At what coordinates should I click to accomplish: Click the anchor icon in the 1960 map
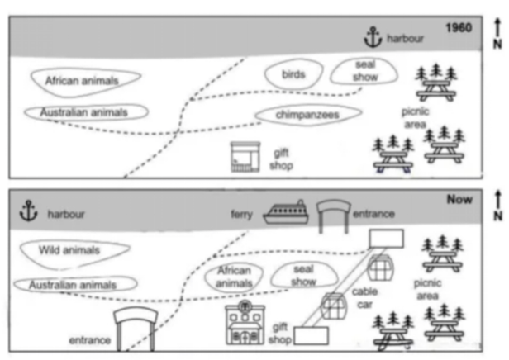click(373, 36)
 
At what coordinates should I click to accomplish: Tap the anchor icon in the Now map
click(30, 211)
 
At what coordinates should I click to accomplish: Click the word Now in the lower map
click(459, 199)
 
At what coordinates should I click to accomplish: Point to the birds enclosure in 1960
click(293, 74)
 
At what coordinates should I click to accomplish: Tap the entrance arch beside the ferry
click(333, 213)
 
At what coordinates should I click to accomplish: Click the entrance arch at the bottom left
click(135, 329)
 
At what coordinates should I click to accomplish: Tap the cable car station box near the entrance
click(387, 238)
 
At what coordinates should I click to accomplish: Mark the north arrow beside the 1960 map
click(497, 33)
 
